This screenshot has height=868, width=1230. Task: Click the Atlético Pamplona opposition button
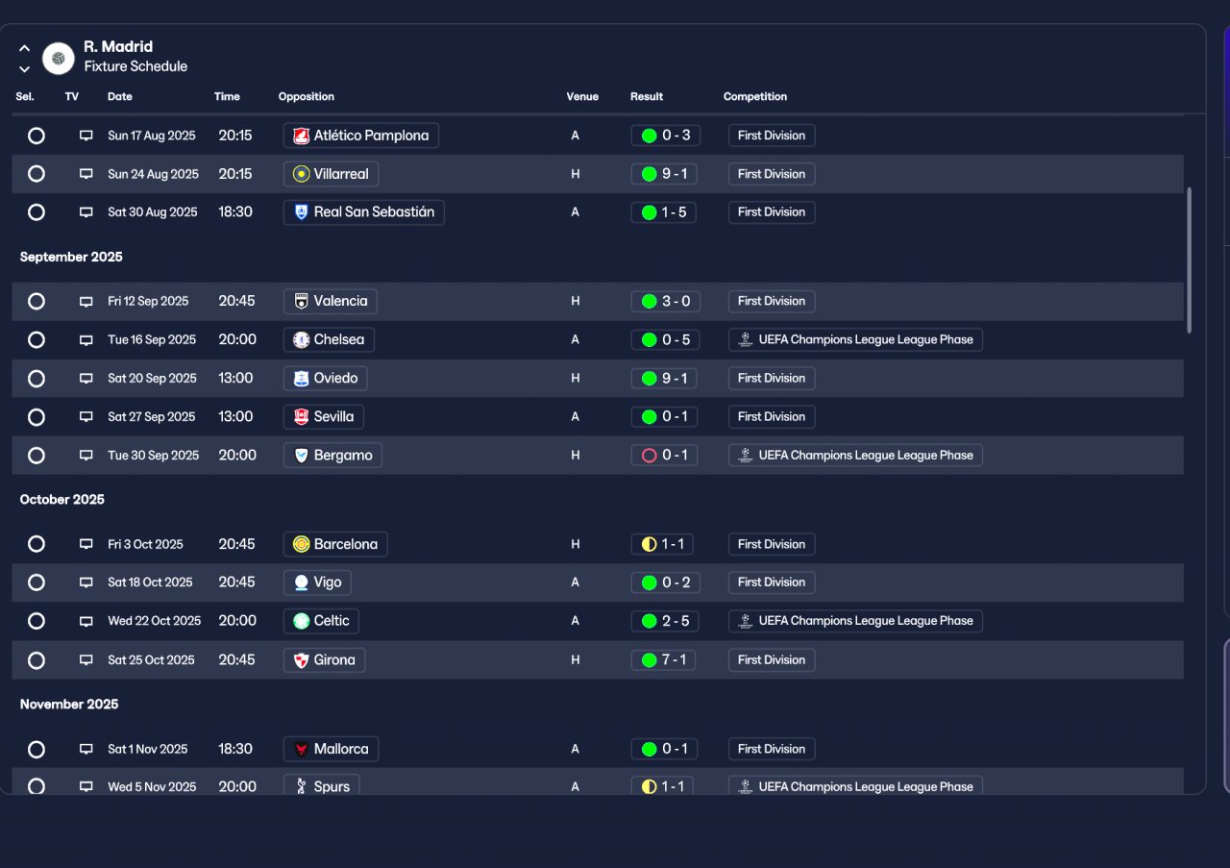point(360,136)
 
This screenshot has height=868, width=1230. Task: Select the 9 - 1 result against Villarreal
point(664,174)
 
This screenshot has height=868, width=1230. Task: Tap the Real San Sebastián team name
point(374,212)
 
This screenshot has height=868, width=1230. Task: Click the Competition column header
point(754,97)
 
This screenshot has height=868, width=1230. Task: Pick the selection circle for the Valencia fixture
point(37,301)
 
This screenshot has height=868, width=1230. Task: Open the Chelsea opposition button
point(329,339)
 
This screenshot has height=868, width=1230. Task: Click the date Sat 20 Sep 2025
point(152,378)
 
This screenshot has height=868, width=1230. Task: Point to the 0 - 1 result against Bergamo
point(664,455)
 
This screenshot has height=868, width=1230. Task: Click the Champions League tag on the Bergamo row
point(855,455)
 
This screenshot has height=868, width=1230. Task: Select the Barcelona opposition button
point(335,544)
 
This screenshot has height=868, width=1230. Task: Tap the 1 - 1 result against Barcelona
point(662,544)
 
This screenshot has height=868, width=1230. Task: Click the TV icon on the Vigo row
point(86,583)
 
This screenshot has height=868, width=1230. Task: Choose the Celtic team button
point(321,621)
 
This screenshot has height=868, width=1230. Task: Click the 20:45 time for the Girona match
point(236,659)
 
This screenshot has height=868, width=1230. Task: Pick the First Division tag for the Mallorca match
point(772,749)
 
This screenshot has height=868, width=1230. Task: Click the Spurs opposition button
point(322,785)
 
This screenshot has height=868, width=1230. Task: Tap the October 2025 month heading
point(62,500)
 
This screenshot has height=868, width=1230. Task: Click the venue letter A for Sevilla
point(575,416)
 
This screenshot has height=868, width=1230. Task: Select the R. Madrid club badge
point(59,59)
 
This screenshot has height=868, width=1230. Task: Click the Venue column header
point(582,97)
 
